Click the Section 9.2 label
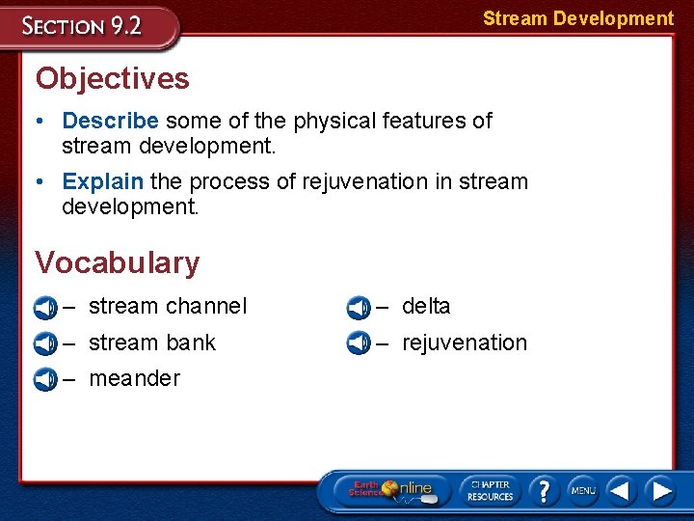[x=83, y=26]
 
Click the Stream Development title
[x=577, y=18]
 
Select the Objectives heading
[x=112, y=78]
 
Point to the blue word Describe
[x=110, y=121]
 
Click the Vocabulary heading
[x=117, y=262]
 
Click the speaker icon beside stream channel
[x=44, y=308]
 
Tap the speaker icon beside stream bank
[x=44, y=343]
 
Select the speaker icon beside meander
[x=44, y=379]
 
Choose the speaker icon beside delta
[x=359, y=308]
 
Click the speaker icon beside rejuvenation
[x=359, y=343]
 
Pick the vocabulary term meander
[x=134, y=378]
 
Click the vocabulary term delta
[x=426, y=307]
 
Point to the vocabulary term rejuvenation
[x=465, y=343]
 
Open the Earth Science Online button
[x=391, y=490]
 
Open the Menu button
[x=582, y=490]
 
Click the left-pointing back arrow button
[x=621, y=490]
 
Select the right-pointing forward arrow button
[x=660, y=490]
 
